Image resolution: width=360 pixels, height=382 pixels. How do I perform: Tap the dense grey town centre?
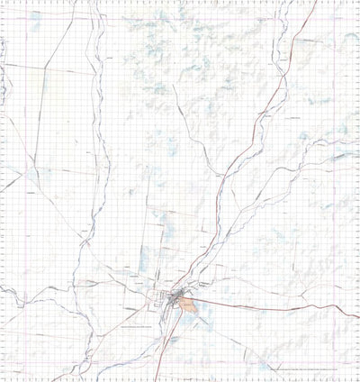point(170,297)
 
